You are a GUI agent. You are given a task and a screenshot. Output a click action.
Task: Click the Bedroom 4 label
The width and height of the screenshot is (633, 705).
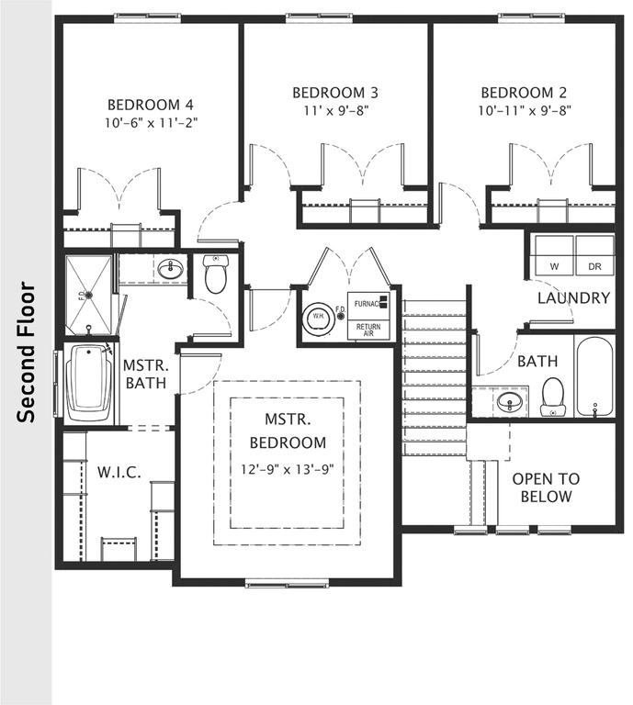click(150, 104)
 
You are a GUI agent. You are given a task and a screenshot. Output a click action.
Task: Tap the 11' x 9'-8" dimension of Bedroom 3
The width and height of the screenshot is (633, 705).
click(335, 109)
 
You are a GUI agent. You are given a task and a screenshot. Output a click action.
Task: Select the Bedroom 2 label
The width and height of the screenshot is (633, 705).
click(525, 93)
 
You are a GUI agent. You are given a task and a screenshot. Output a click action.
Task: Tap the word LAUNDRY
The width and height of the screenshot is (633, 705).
click(573, 297)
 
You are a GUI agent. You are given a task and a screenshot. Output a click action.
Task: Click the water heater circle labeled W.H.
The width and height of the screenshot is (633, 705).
click(317, 318)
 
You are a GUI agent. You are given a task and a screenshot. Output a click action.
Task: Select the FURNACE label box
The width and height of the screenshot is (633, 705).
click(367, 304)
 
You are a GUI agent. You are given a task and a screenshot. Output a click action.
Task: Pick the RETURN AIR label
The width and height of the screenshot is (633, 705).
click(368, 330)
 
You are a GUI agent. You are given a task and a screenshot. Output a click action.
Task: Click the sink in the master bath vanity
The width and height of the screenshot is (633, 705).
click(169, 269)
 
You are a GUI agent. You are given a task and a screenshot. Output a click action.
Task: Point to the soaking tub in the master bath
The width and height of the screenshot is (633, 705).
click(88, 383)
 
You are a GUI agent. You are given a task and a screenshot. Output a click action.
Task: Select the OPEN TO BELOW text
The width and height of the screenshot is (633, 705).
click(546, 487)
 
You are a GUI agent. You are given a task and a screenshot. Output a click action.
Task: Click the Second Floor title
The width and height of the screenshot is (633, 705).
click(28, 352)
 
